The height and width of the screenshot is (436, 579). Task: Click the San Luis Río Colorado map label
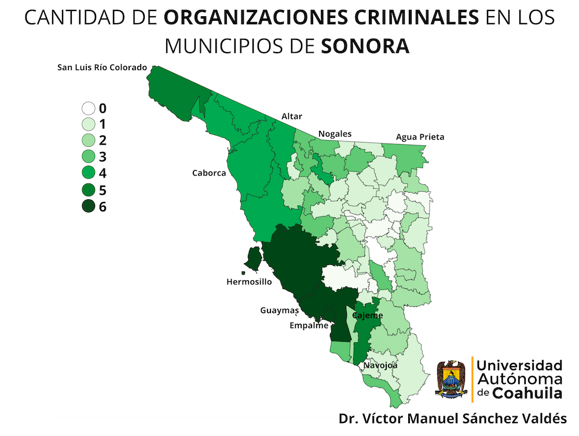(x=102, y=67)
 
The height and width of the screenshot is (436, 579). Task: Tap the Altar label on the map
(x=292, y=116)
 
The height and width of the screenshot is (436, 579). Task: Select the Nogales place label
(x=335, y=134)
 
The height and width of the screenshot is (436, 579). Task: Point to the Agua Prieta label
(x=420, y=137)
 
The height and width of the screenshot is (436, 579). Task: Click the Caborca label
(x=209, y=173)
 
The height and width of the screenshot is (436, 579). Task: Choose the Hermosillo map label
(x=249, y=282)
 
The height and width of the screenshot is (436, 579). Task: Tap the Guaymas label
(x=279, y=310)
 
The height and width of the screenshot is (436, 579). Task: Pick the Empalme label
(x=309, y=325)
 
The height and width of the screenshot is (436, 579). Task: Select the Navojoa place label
(x=380, y=366)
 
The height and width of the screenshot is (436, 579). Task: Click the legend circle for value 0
(x=89, y=108)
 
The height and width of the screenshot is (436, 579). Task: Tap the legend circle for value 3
(x=89, y=156)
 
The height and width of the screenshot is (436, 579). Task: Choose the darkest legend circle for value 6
(x=89, y=206)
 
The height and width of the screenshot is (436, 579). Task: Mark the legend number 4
(x=103, y=173)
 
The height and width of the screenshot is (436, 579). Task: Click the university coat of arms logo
(x=451, y=379)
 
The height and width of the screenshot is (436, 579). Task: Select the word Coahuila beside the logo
(x=527, y=393)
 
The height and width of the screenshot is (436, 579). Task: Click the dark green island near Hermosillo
(x=252, y=258)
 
